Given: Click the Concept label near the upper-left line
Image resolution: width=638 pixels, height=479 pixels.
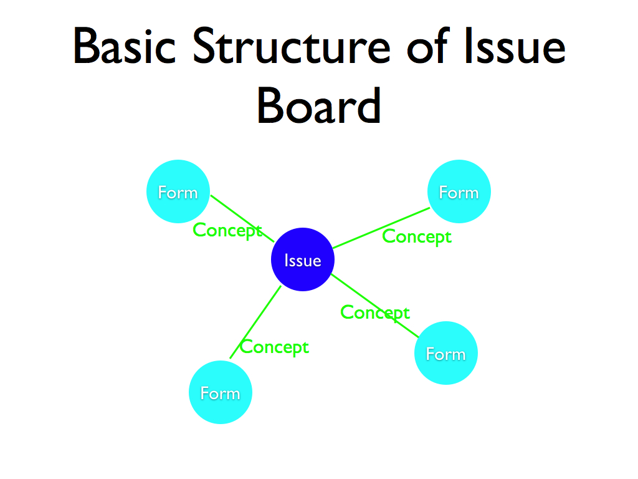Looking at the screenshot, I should (227, 230).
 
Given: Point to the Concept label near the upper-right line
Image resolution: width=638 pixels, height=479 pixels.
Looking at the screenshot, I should (416, 237).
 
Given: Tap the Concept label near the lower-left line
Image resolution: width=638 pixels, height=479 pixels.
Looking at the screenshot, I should (274, 347).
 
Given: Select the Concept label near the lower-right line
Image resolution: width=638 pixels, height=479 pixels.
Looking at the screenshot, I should (375, 312).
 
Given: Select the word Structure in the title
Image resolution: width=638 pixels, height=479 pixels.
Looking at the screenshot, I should (292, 47).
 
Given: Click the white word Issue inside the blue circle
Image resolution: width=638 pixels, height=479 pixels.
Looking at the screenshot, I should (303, 261).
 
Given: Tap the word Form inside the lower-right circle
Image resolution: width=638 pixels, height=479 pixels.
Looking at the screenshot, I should (445, 354).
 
